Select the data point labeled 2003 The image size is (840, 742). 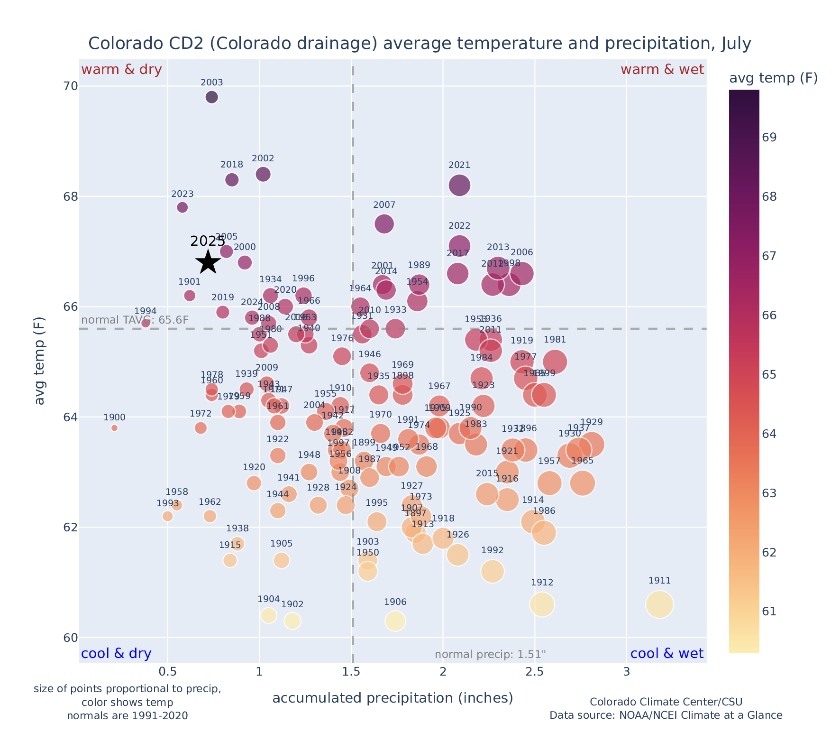coord(212,97)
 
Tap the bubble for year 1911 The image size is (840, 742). coord(659,605)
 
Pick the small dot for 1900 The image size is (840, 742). coord(114,428)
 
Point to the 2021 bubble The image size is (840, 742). coord(459,185)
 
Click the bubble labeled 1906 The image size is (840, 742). coord(395,621)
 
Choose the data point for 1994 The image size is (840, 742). coord(146,323)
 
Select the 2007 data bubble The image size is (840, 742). coord(384,224)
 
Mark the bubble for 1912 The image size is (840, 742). coord(542,605)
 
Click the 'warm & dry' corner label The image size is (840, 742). coord(121,70)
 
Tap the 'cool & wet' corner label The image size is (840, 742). coord(667,654)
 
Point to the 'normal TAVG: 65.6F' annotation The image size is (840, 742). coord(135,320)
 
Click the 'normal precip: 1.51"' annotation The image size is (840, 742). coord(490,655)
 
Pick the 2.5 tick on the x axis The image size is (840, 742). coord(535,673)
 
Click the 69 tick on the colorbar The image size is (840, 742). coord(769,138)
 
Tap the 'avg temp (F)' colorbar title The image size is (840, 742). coord(773,78)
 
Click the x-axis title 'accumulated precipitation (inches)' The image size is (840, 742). coord(393,698)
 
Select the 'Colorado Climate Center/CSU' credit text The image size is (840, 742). coord(666,702)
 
